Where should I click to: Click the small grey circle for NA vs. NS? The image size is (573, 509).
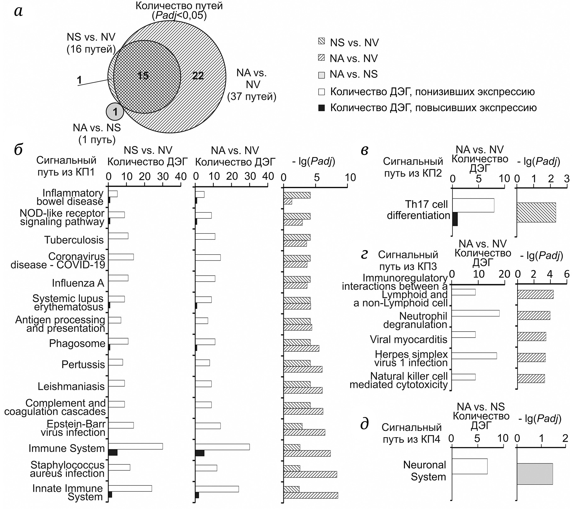[x=115, y=112]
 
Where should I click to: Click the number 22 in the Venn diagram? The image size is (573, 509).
[x=198, y=76]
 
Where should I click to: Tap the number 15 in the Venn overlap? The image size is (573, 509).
[x=143, y=76]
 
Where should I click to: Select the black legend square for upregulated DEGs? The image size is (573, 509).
[x=321, y=108]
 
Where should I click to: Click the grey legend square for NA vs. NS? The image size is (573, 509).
[x=321, y=75]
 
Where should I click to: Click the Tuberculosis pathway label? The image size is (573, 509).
[x=74, y=240]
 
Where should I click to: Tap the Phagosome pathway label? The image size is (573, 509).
[x=77, y=343]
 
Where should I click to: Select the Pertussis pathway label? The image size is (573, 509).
[x=83, y=364]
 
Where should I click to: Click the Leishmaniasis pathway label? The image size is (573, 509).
[x=71, y=386]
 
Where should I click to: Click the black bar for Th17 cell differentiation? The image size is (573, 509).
[x=455, y=219]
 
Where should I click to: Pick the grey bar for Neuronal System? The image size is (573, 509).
[x=535, y=474]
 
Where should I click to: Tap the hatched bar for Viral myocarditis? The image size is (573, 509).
[x=531, y=336]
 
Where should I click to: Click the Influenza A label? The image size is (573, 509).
[x=78, y=283]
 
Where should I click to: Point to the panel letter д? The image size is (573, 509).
[x=364, y=424]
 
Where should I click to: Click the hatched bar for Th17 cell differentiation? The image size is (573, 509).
[x=536, y=212]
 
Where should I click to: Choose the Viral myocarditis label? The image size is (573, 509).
[x=408, y=339]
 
